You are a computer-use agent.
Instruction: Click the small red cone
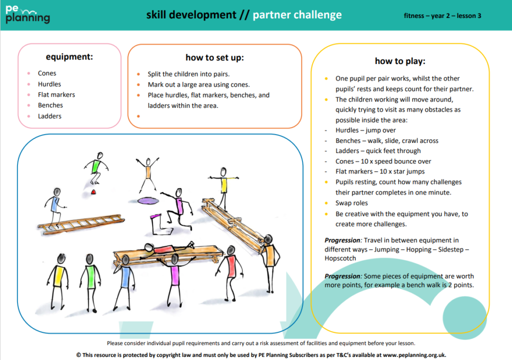point(93,191)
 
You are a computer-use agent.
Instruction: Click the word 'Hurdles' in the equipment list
point(49,84)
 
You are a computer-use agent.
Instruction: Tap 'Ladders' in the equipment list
point(49,116)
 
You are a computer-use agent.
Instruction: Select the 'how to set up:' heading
point(214,57)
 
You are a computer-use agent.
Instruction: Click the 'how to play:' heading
point(400,61)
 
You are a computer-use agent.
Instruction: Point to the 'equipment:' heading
point(69,56)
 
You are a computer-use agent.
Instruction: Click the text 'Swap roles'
point(351,203)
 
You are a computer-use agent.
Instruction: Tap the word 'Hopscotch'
point(340,258)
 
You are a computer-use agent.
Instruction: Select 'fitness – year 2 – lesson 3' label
point(442,15)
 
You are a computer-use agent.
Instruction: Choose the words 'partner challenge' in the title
point(297,15)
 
